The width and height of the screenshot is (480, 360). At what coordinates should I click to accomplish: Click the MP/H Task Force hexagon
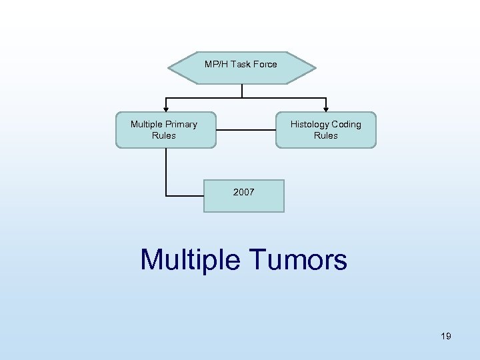coord(241,68)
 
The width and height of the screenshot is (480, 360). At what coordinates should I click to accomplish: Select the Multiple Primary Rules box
coord(165,129)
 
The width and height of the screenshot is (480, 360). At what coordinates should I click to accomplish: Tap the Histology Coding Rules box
coord(326,129)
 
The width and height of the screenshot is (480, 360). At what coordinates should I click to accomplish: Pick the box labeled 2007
coord(243,195)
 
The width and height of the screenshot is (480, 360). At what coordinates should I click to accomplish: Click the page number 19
coord(446,336)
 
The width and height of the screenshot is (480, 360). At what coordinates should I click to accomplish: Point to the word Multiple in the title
coord(190,259)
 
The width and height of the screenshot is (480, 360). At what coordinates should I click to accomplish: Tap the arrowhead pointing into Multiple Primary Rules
coord(166,108)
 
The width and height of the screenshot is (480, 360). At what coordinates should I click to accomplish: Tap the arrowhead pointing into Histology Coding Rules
coord(326,108)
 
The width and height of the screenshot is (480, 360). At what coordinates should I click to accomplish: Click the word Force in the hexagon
coord(264,65)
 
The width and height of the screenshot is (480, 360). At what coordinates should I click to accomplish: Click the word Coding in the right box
coord(347,124)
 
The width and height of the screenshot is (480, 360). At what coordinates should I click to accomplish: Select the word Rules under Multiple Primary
coord(164,135)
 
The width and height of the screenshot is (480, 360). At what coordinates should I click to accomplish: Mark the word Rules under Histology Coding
coord(326,135)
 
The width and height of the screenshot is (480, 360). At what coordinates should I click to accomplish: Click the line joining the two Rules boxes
coord(246,129)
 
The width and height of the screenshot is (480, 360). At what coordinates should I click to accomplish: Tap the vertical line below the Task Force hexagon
coord(242,91)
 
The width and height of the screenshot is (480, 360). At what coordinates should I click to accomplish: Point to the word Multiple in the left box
coord(147,124)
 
